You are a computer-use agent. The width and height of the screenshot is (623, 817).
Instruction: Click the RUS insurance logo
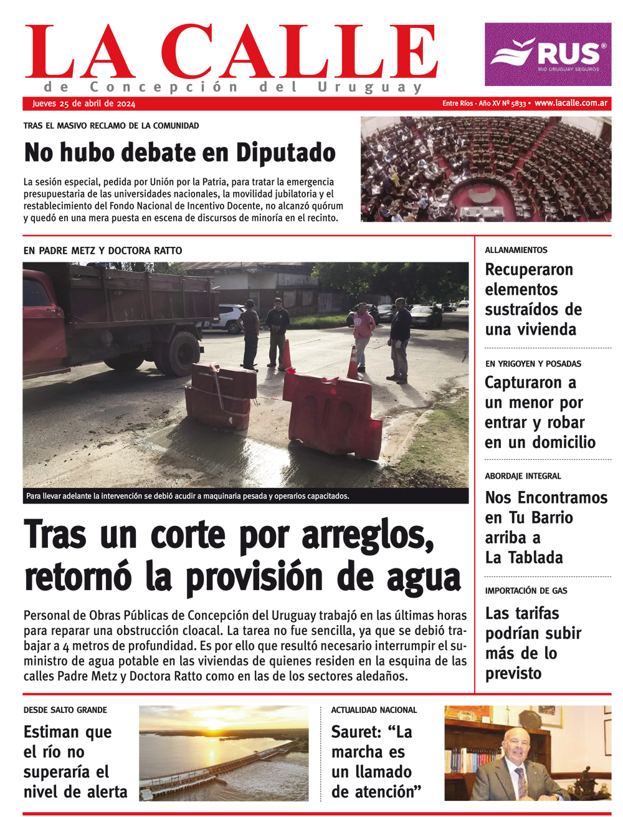pos(548,54)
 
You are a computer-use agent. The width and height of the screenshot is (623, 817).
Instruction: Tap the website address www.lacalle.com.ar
pos(571,103)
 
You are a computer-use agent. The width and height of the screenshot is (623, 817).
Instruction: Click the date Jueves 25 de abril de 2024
pos(83,104)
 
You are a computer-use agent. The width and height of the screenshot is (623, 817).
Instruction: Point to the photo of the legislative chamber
pos(486,169)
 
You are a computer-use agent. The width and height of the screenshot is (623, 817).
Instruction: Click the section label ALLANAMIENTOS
pos(516,250)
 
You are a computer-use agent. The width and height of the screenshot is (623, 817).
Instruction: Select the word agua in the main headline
pos(424,578)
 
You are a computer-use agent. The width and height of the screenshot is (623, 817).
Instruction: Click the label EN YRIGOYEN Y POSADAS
pos(533,363)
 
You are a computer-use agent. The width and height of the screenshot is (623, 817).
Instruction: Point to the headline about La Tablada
pos(537,527)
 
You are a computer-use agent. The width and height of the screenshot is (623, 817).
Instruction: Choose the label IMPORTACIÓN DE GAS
pos(526,590)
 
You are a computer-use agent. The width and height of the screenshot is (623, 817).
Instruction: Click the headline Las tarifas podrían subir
pos(533,643)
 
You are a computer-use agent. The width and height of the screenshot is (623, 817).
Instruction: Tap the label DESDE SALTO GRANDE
pos(65,710)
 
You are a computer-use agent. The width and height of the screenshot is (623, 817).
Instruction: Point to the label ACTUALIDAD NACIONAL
pos(374,710)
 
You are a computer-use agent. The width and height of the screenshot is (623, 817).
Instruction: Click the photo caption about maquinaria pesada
pos(188,496)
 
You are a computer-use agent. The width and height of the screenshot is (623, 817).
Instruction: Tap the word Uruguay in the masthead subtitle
pos(370,87)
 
